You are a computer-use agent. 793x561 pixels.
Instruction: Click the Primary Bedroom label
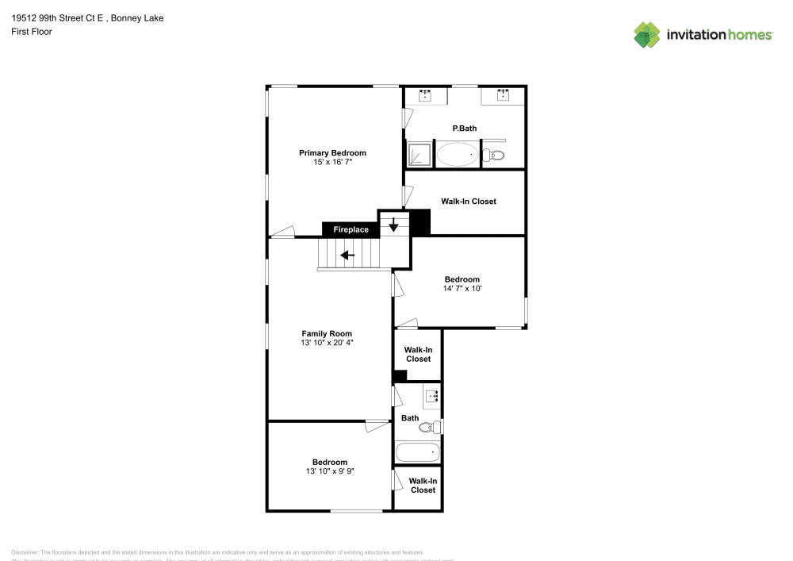pos(332,152)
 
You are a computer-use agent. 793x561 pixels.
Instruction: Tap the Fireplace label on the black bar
pos(351,229)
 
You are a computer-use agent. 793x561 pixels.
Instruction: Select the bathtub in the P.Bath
pos(458,154)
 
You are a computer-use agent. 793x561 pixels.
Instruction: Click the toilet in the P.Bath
pos(496,155)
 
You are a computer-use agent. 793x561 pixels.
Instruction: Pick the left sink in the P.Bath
pos(425,96)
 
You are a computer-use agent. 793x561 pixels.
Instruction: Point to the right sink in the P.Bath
pos(503,96)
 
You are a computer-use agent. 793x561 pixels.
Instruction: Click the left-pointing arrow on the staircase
pos(347,256)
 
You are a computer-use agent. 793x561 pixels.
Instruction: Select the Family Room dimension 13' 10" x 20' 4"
pos(326,343)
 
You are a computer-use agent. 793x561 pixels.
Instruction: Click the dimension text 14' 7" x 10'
pos(462,288)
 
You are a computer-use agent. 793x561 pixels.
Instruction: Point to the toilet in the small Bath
pos(429,428)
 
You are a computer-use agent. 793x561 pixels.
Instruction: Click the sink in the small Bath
pos(432,396)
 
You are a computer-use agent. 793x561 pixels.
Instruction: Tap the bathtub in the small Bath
pos(418,453)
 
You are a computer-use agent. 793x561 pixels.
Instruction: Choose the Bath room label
pos(410,418)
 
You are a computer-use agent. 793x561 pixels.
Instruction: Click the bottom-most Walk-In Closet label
pos(423,485)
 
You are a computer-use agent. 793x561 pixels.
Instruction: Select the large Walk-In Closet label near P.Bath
pos(469,202)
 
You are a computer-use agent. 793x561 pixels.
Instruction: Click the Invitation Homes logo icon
pos(647,34)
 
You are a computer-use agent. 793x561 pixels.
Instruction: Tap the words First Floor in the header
pos(32,32)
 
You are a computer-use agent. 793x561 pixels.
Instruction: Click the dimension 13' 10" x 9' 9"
pos(329,471)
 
